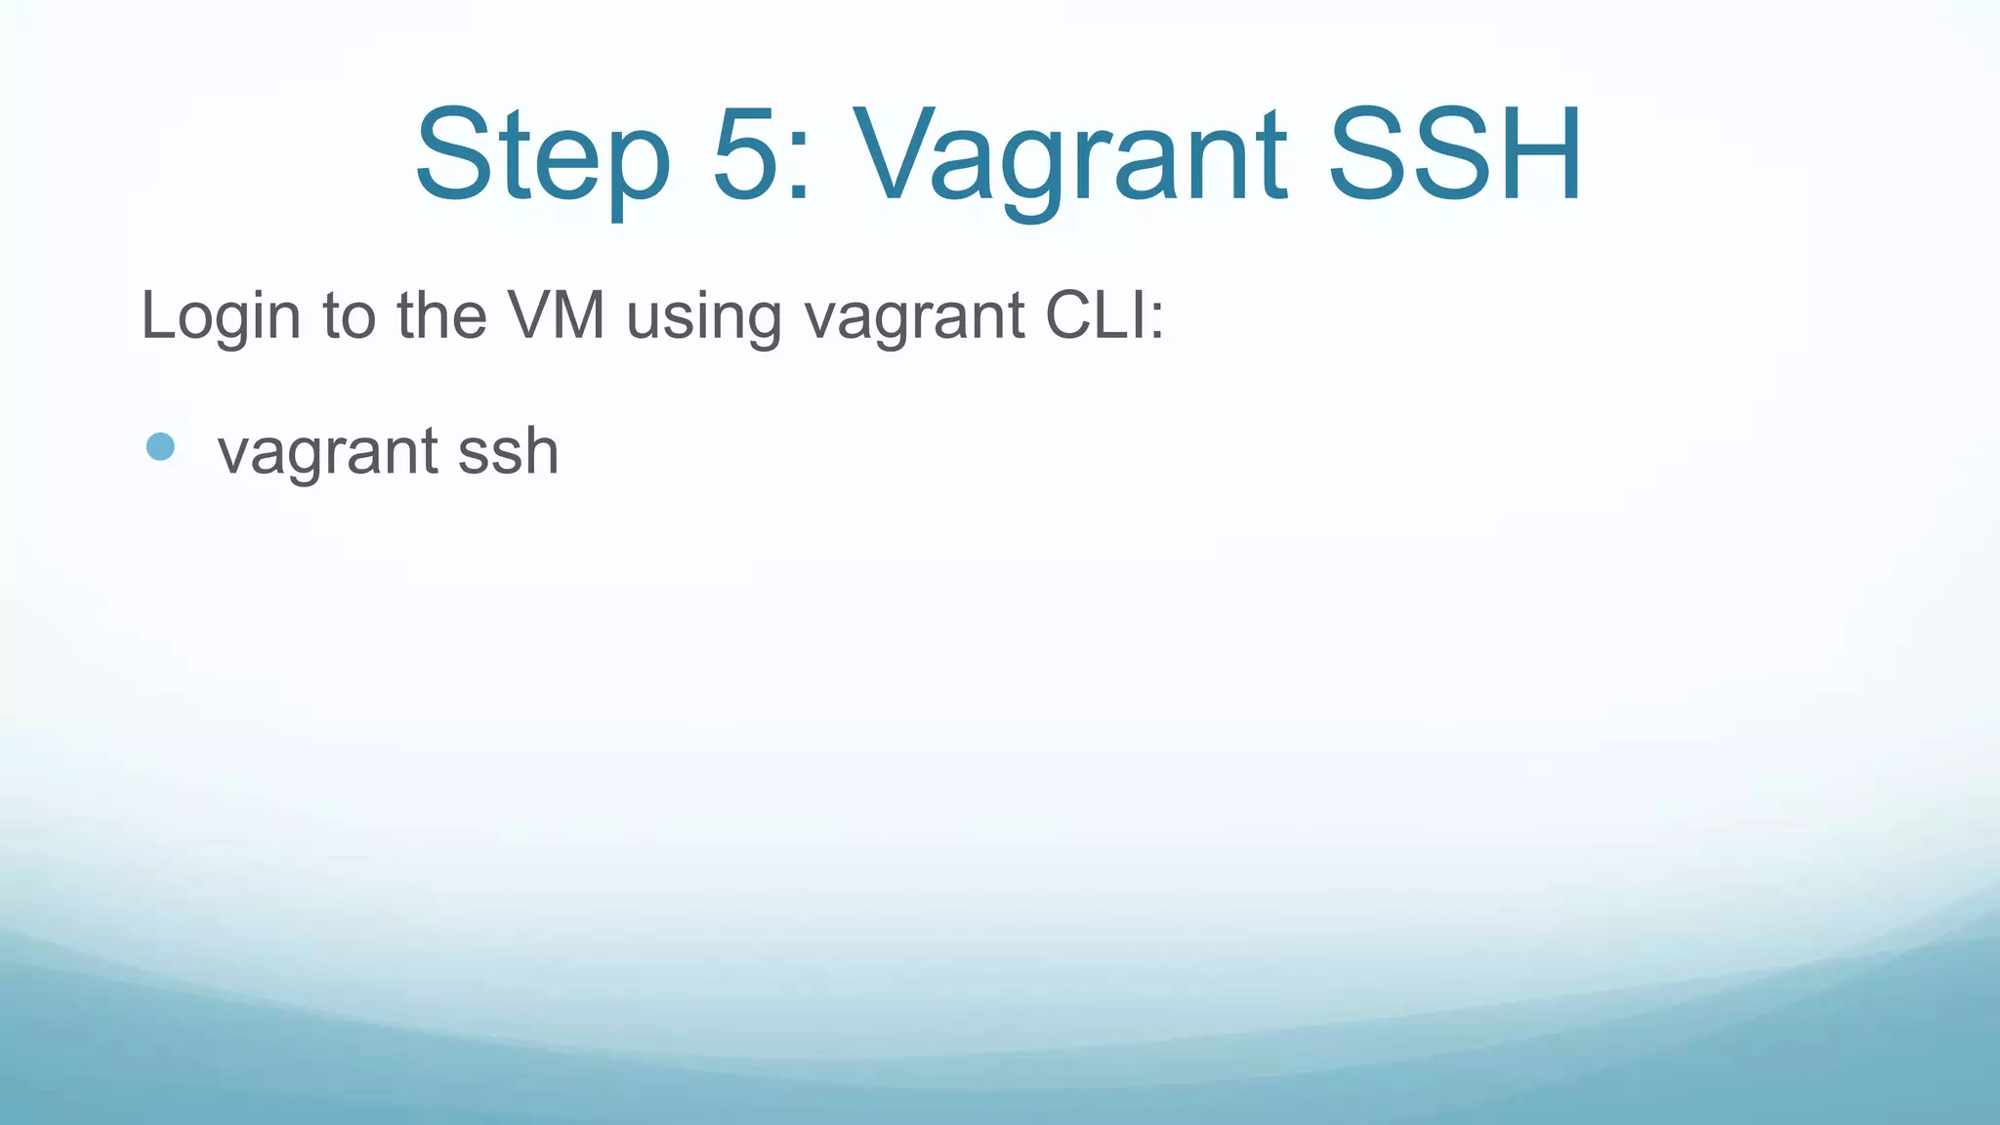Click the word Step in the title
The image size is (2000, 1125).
tap(543, 156)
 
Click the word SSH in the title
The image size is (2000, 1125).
tap(1455, 156)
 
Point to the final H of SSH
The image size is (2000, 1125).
tap(1537, 156)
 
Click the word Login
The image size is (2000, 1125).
tap(221, 316)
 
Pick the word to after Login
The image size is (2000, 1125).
tap(350, 316)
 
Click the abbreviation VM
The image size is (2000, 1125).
tap(556, 316)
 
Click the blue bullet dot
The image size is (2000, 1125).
tap(160, 447)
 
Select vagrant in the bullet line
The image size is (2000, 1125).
tap(327, 453)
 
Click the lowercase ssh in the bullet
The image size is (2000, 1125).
tap(508, 451)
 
